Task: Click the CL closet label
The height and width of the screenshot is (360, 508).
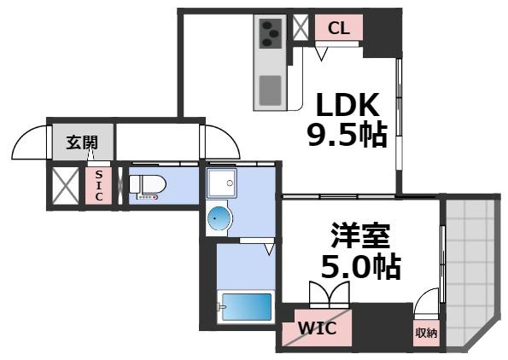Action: click(x=339, y=28)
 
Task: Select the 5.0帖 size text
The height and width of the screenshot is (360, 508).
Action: click(x=358, y=268)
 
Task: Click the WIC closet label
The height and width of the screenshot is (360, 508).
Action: click(x=316, y=328)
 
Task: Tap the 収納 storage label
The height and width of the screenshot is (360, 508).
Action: click(x=426, y=333)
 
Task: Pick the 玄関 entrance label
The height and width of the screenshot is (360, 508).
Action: click(x=83, y=143)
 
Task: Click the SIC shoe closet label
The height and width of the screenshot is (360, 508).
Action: click(x=99, y=185)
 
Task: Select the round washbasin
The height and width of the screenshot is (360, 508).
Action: click(x=218, y=219)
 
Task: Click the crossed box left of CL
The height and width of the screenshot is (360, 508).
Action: click(x=301, y=26)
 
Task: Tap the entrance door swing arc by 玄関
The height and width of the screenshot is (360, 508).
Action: click(x=31, y=142)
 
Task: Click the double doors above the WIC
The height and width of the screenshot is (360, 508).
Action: click(x=330, y=295)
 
